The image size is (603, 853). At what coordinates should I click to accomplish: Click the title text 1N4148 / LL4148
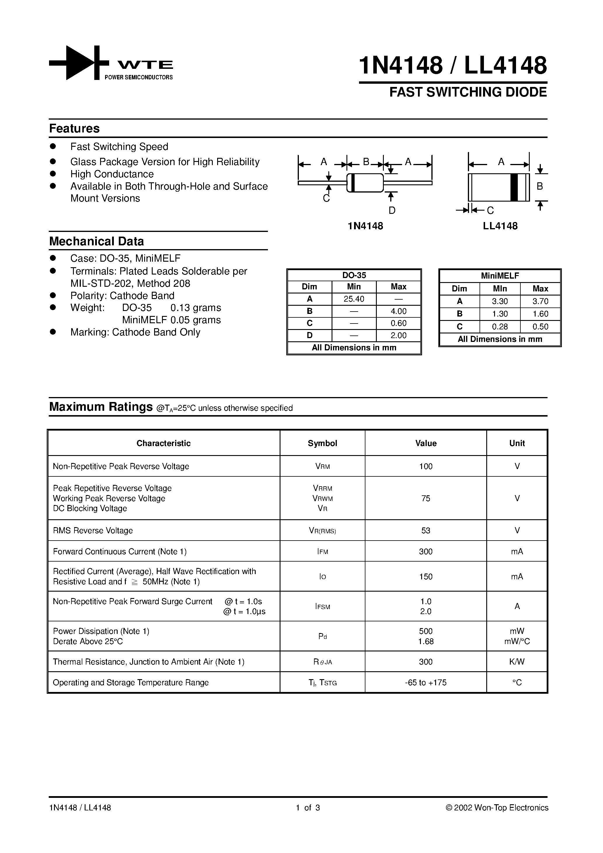453,65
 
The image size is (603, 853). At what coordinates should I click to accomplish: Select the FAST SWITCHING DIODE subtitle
468,92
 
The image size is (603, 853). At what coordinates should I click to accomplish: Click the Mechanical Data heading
96,242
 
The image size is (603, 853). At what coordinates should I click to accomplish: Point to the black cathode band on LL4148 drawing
514,187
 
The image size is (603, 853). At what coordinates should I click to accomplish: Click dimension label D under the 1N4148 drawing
392,211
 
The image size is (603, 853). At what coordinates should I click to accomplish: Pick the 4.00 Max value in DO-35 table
398,311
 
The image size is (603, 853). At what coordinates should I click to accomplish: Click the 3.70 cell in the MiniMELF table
540,301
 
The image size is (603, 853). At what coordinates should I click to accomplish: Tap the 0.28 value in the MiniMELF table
500,326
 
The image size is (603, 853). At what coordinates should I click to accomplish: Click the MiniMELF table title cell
500,276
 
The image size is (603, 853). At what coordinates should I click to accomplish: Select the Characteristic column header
163,443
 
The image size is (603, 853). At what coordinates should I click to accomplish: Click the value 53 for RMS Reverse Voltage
426,531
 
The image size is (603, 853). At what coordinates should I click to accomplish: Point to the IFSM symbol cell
322,606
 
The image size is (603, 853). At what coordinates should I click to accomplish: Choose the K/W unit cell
517,662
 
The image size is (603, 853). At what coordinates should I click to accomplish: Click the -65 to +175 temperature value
426,682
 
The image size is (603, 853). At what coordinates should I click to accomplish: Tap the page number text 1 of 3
308,808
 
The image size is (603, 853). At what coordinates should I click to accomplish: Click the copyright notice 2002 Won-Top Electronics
497,808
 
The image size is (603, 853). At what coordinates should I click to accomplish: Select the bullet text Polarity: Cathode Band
122,296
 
